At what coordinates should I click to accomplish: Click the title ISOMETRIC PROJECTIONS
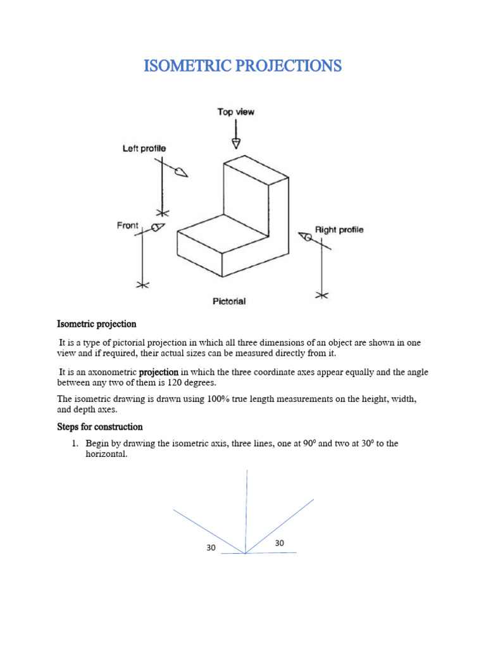243,65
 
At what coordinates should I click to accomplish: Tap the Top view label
236,112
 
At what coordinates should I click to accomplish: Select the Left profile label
144,149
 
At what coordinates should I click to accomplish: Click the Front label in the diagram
127,225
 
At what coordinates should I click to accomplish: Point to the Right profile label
339,230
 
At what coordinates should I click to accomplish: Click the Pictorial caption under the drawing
228,301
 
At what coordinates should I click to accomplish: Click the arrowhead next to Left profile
182,171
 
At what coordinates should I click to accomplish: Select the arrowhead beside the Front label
158,227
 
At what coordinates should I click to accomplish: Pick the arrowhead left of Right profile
306,237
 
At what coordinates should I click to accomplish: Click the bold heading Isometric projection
97,324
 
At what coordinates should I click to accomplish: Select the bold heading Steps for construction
100,427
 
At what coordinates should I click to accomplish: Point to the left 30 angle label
211,548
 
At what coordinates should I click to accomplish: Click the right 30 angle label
280,544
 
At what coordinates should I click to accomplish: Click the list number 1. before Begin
75,444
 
